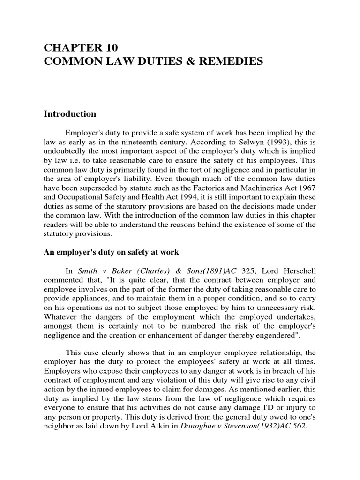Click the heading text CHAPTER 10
coord(81,47)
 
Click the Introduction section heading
coord(70,114)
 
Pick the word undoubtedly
coord(67,152)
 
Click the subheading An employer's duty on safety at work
coord(112,252)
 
